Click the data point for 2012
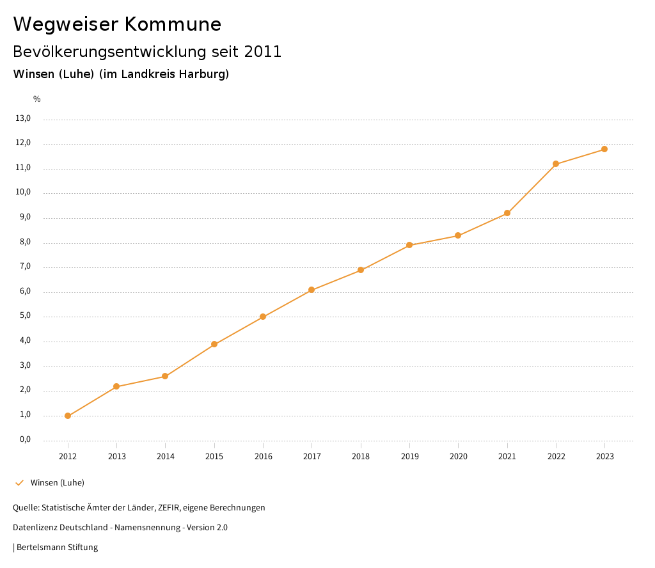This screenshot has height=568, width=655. pyautogui.click(x=68, y=416)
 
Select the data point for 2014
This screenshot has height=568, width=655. pyautogui.click(x=165, y=376)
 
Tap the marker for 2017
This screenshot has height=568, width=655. pyautogui.click(x=312, y=290)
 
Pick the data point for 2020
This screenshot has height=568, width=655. pyautogui.click(x=458, y=235)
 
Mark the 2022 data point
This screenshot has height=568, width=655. pyautogui.click(x=556, y=164)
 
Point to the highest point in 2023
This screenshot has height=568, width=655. pyautogui.click(x=604, y=149)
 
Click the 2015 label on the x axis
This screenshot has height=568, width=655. pyautogui.click(x=214, y=456)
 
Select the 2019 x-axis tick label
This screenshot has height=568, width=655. pyautogui.click(x=409, y=456)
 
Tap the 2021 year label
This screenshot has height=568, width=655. pyautogui.click(x=507, y=456)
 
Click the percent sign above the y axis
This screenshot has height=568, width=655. pyautogui.click(x=37, y=99)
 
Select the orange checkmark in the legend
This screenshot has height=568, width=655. pyautogui.click(x=19, y=482)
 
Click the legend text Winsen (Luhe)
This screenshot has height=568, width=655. pyautogui.click(x=58, y=482)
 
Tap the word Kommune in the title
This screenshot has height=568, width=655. pyautogui.click(x=173, y=24)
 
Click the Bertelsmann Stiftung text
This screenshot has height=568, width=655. pyautogui.click(x=57, y=547)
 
